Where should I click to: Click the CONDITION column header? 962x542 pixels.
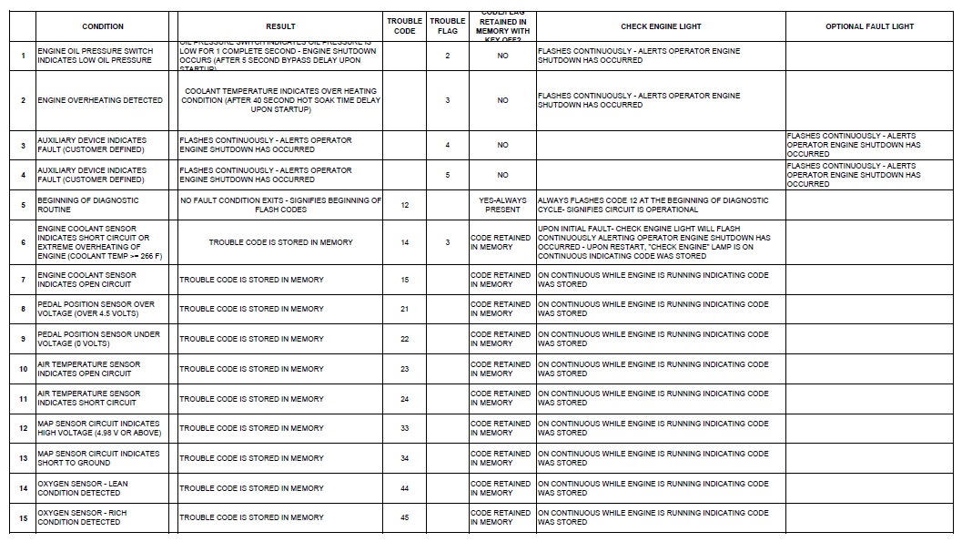(x=103, y=26)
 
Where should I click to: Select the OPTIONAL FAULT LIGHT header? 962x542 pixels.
(x=869, y=26)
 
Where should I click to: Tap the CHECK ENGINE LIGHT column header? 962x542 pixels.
(x=661, y=26)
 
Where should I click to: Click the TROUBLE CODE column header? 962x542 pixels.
(x=405, y=26)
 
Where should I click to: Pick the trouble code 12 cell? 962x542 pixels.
(x=405, y=205)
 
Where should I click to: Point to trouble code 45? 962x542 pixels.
(x=405, y=517)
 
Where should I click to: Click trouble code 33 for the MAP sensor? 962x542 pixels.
(x=405, y=428)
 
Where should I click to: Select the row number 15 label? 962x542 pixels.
(x=24, y=517)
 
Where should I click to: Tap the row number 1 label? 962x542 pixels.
(x=24, y=56)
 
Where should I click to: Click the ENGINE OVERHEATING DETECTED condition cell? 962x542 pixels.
(x=100, y=100)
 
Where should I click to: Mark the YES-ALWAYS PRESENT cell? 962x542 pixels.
(x=502, y=205)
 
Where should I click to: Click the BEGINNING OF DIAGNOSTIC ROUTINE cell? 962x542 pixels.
(x=88, y=205)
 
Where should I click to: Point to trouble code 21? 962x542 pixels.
(x=405, y=309)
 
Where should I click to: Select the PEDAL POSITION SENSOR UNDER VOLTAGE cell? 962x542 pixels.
(x=98, y=339)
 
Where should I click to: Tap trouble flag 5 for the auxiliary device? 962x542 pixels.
(x=448, y=175)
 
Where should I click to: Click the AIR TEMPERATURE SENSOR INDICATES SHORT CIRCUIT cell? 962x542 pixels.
(x=88, y=398)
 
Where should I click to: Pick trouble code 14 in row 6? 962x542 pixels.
(x=405, y=242)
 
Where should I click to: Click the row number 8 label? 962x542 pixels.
(x=24, y=309)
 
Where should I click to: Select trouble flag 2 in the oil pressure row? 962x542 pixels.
(x=448, y=56)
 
